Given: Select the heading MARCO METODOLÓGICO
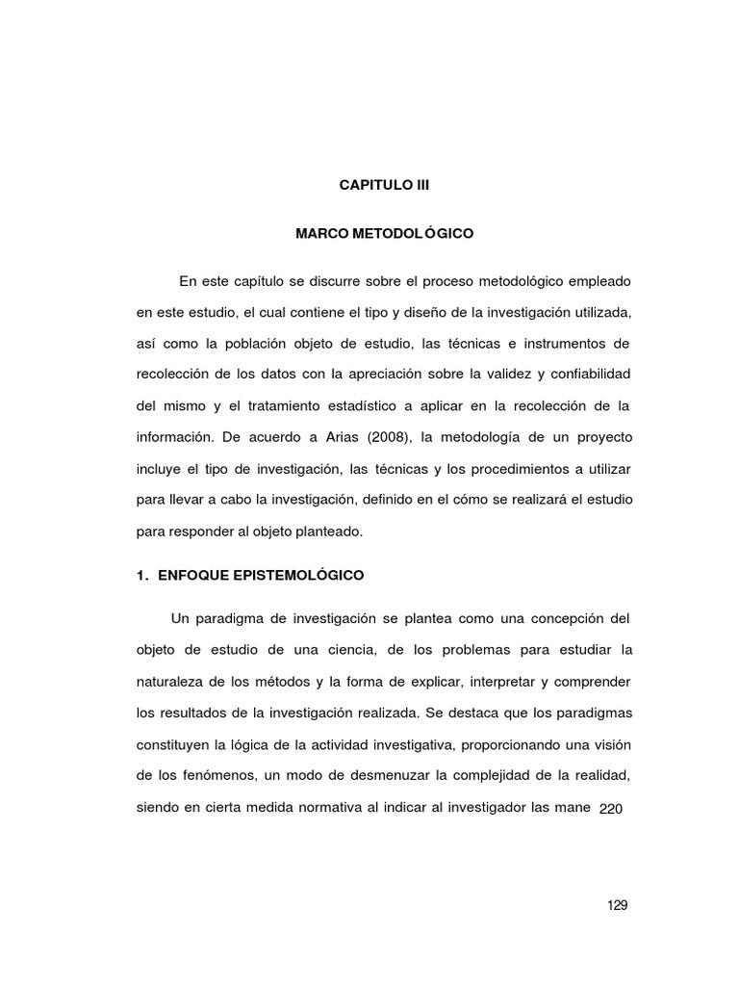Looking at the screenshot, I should click(384, 233).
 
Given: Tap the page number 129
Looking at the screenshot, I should click(618, 905).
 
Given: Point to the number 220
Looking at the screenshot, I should click(612, 810).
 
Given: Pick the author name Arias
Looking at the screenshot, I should click(334, 436).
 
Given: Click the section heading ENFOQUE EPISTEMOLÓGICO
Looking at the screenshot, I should click(260, 575).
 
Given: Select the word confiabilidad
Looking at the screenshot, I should click(591, 374).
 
